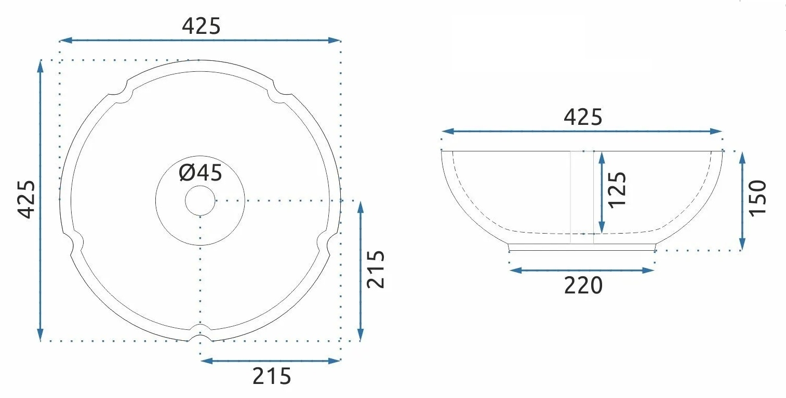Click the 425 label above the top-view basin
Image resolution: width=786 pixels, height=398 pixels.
coord(201,26)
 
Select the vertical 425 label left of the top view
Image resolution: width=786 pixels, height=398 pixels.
coord(26,199)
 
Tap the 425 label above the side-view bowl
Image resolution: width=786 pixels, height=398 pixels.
coord(583,117)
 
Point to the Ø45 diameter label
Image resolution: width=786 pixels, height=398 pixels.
coord(201,173)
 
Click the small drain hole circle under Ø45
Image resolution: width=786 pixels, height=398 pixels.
coord(200,201)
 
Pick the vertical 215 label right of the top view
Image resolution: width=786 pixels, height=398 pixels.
coord(376,269)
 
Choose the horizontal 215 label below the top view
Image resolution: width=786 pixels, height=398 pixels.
coord(272,376)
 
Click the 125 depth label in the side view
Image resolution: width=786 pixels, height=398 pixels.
coord(617,190)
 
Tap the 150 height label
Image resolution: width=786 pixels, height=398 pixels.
coord(757,198)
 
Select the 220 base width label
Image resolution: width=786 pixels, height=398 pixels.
coord(583,285)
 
